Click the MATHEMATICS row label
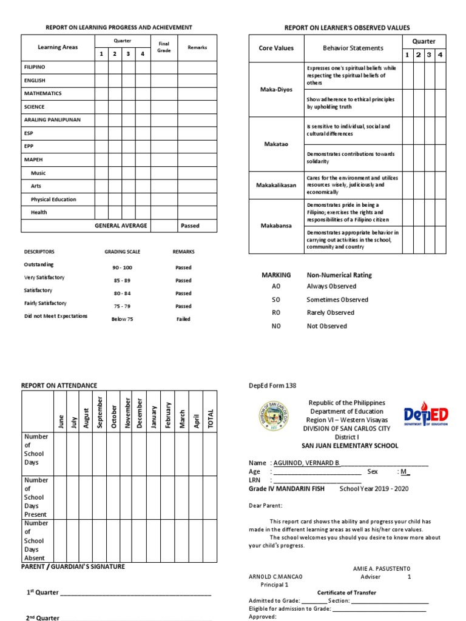pos(42,94)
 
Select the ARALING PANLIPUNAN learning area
pos(52,120)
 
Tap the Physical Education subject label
pos(53,200)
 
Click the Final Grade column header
pos(164,47)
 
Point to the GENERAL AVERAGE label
pos(121,226)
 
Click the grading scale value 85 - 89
pos(122,281)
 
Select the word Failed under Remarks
pos(183,319)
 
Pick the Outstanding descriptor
pos(39,265)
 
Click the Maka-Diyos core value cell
pos(276,89)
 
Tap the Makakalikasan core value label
pos(276,185)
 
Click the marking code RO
pos(276,313)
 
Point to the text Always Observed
pos(331,286)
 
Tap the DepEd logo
pos(426,416)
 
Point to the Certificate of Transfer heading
pos(346,592)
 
